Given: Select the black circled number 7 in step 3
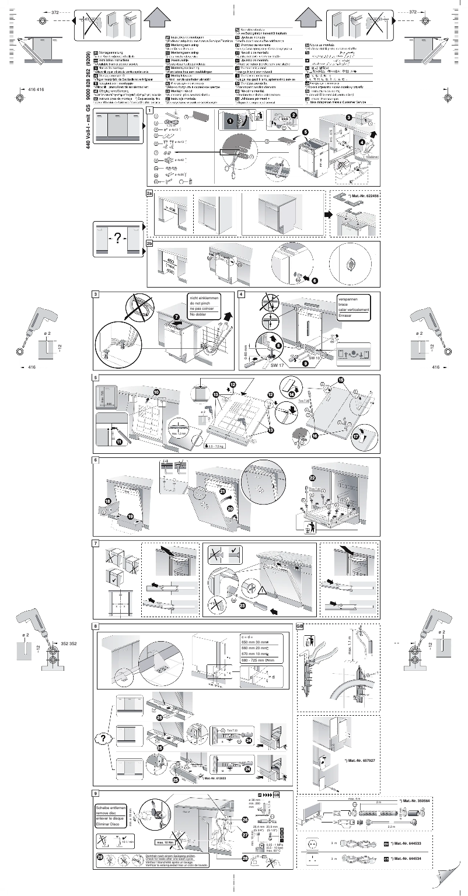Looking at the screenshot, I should [177, 316].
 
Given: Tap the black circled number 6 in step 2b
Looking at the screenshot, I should [315, 281].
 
